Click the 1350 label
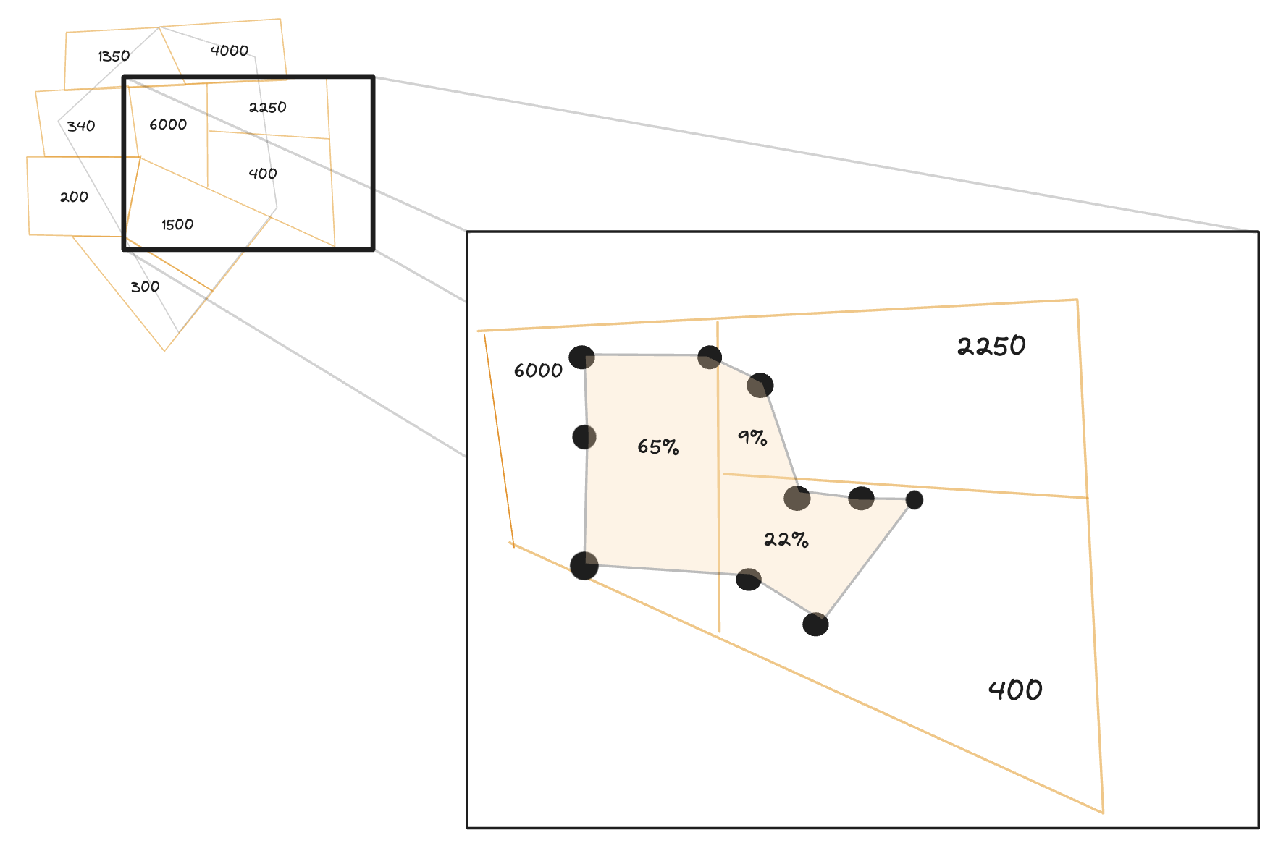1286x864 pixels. (114, 56)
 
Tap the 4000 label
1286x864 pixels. (229, 51)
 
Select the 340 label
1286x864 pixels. (81, 127)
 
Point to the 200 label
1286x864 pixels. (74, 197)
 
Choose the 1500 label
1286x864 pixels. (177, 225)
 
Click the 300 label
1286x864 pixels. (145, 287)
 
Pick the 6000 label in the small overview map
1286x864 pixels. (168, 124)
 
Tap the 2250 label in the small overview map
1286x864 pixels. (267, 108)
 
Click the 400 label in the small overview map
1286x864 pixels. (262, 174)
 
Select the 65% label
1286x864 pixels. (658, 447)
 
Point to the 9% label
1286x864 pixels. (752, 437)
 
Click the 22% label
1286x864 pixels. (786, 539)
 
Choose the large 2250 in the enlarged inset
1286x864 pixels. (991, 346)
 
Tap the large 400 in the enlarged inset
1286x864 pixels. (1015, 690)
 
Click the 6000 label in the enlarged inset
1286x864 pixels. (538, 370)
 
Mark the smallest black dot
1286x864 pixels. (915, 500)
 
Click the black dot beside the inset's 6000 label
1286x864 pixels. (581, 357)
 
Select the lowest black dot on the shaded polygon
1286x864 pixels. (815, 624)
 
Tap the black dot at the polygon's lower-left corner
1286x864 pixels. (584, 566)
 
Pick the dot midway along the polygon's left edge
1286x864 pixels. (584, 437)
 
